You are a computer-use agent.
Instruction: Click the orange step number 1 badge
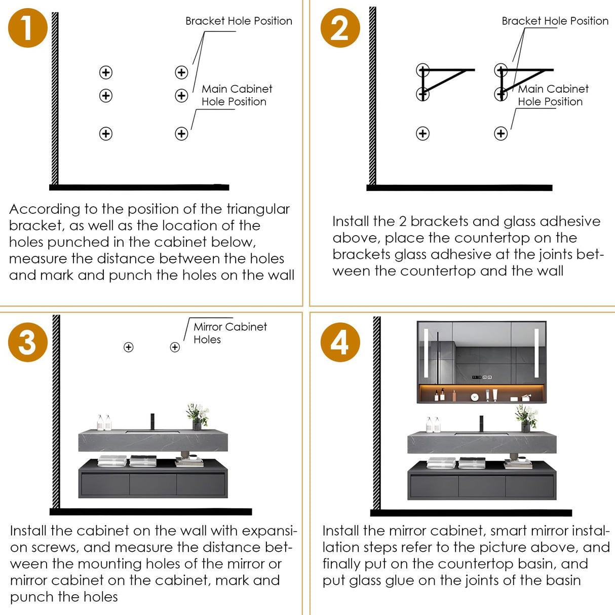pos(28,28)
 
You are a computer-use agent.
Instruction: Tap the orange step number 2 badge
pos(340,28)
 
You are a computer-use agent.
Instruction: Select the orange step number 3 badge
pos(28,342)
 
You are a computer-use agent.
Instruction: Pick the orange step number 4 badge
pos(340,342)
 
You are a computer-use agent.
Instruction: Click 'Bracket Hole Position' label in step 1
pos(239,21)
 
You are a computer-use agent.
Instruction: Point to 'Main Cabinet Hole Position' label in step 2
pos(553,95)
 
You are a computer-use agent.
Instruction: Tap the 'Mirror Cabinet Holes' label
pos(229,333)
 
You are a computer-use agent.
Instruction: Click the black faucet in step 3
pos(151,422)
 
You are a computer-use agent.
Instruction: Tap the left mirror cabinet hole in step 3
pos(129,347)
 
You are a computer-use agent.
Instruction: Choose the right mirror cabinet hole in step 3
pos(175,347)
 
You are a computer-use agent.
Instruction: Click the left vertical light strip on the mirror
pos(427,353)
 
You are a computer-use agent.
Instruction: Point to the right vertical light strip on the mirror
pos(536,353)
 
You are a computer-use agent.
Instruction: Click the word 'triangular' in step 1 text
pos(258,209)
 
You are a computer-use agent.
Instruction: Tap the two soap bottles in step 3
pos(104,423)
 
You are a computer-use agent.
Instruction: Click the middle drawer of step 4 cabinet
pos(482,486)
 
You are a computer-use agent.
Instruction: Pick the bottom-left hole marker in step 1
pos(106,134)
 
